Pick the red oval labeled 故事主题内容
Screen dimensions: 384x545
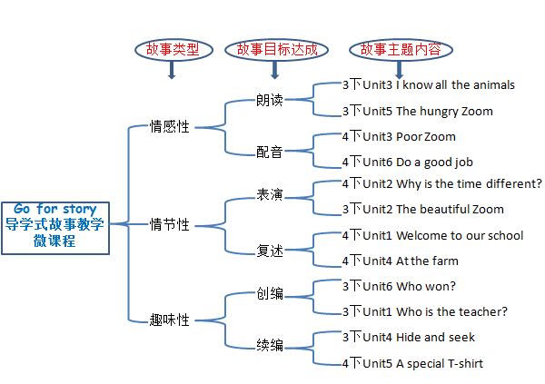click(x=400, y=48)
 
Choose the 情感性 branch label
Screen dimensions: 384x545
click(x=170, y=126)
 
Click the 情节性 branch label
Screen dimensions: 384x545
click(x=170, y=224)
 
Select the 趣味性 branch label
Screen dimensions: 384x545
click(x=170, y=320)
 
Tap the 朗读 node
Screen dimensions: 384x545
click(x=271, y=100)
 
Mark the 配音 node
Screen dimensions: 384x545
click(x=271, y=151)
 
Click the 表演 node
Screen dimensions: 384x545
click(x=271, y=196)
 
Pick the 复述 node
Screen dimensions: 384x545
click(x=271, y=248)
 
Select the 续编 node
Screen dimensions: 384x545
click(x=271, y=345)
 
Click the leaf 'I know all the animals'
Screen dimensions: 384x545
click(x=428, y=85)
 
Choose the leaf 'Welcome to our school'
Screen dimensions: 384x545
click(x=432, y=235)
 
